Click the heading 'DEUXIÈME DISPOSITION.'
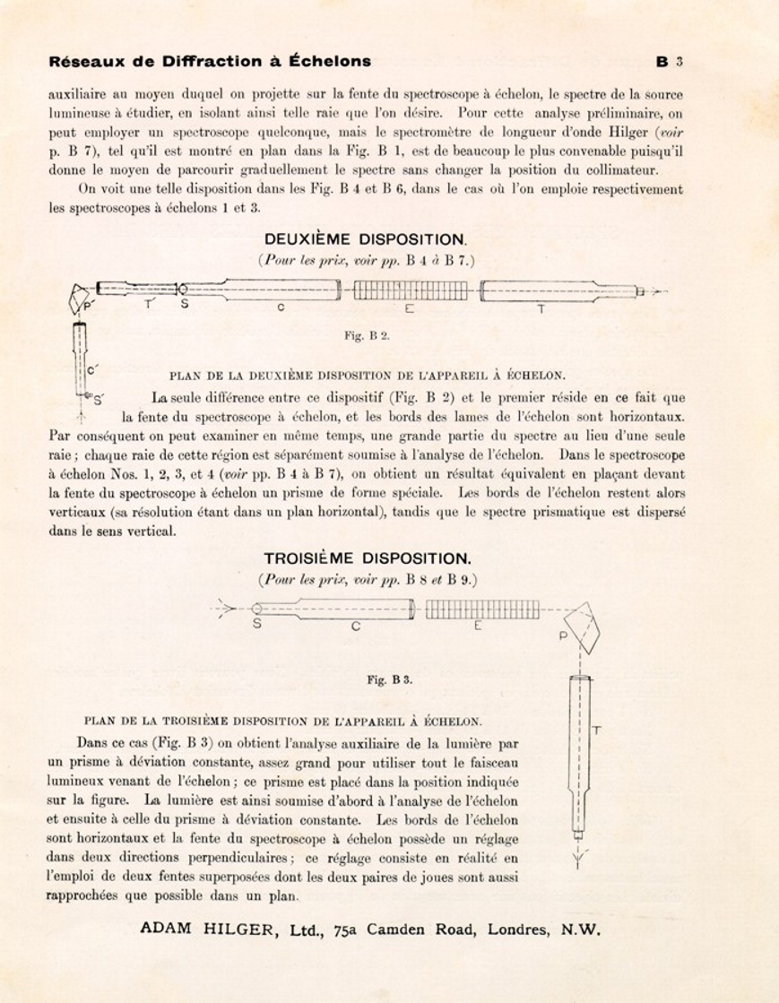pyautogui.click(x=366, y=239)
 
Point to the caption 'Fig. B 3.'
pyautogui.click(x=390, y=679)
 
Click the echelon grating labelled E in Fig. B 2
pyautogui.click(x=409, y=290)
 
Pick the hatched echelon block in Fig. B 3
pyautogui.click(x=481, y=610)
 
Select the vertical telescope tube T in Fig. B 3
pyautogui.click(x=579, y=753)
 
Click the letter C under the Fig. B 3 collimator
pyautogui.click(x=356, y=627)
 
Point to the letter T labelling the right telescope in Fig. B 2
pyautogui.click(x=541, y=309)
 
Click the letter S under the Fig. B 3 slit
pyautogui.click(x=256, y=625)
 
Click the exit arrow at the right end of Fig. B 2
pyautogui.click(x=659, y=290)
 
